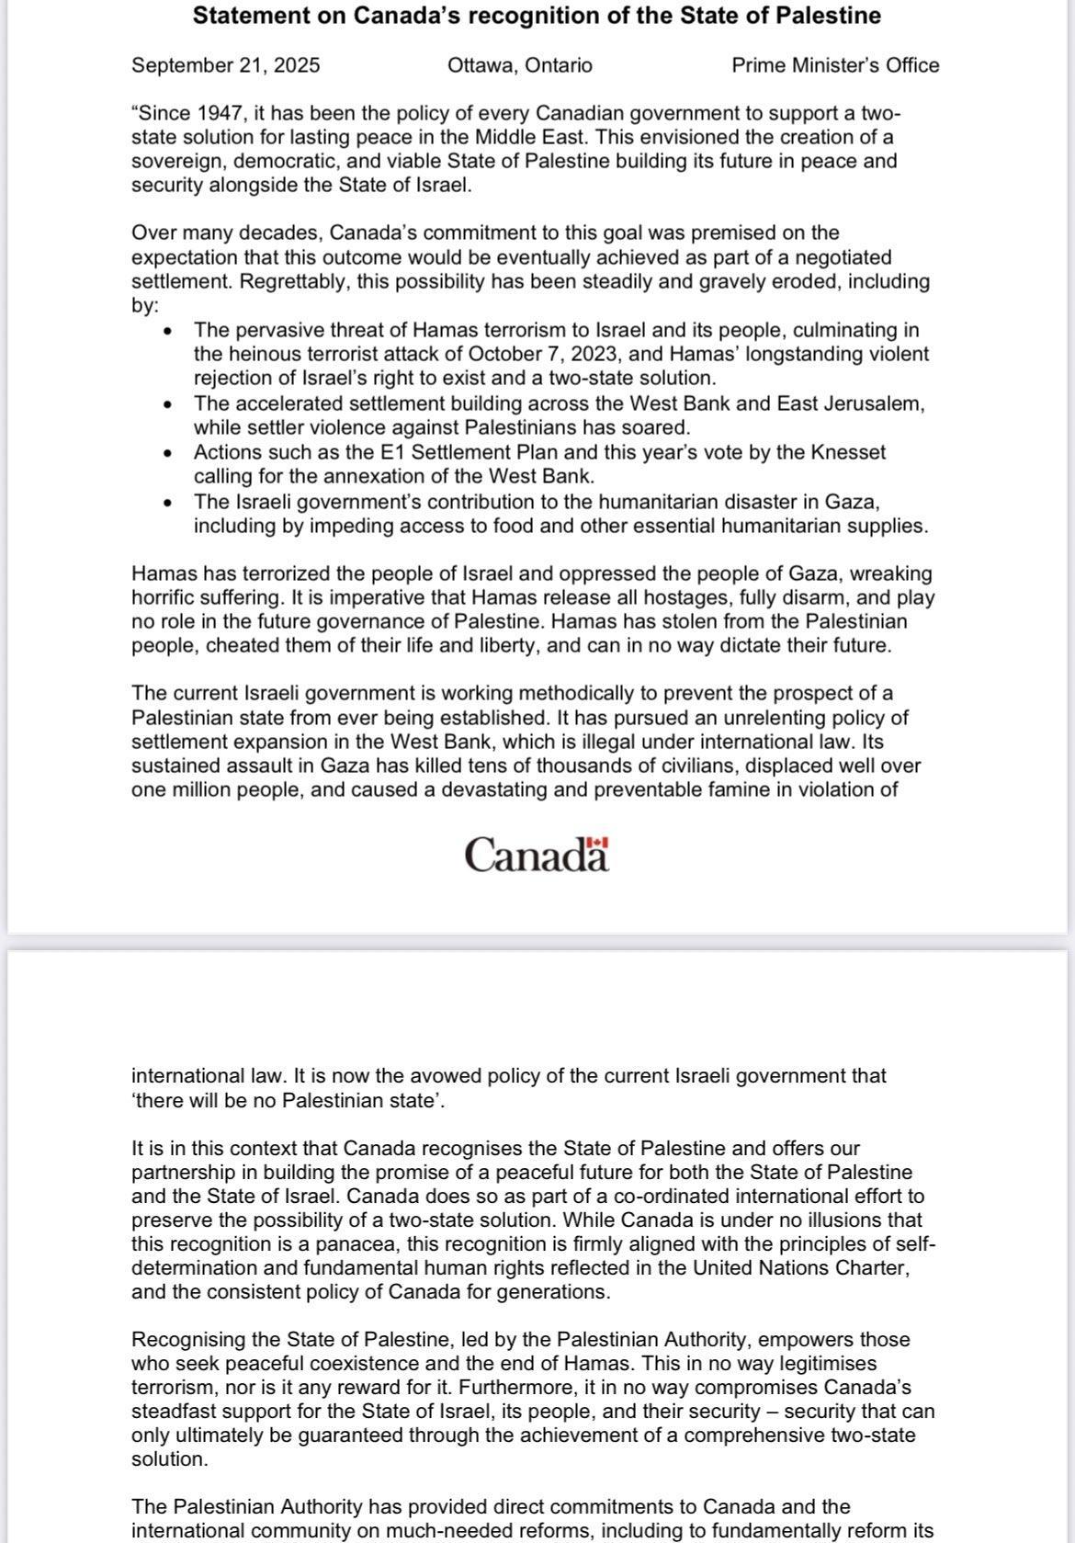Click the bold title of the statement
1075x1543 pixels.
click(537, 16)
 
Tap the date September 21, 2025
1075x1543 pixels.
click(226, 65)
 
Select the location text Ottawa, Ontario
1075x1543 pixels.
click(520, 65)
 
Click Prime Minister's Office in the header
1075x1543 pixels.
click(835, 65)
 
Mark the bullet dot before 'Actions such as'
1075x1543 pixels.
click(166, 454)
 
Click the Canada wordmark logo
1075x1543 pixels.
click(536, 855)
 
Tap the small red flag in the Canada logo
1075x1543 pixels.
click(598, 842)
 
